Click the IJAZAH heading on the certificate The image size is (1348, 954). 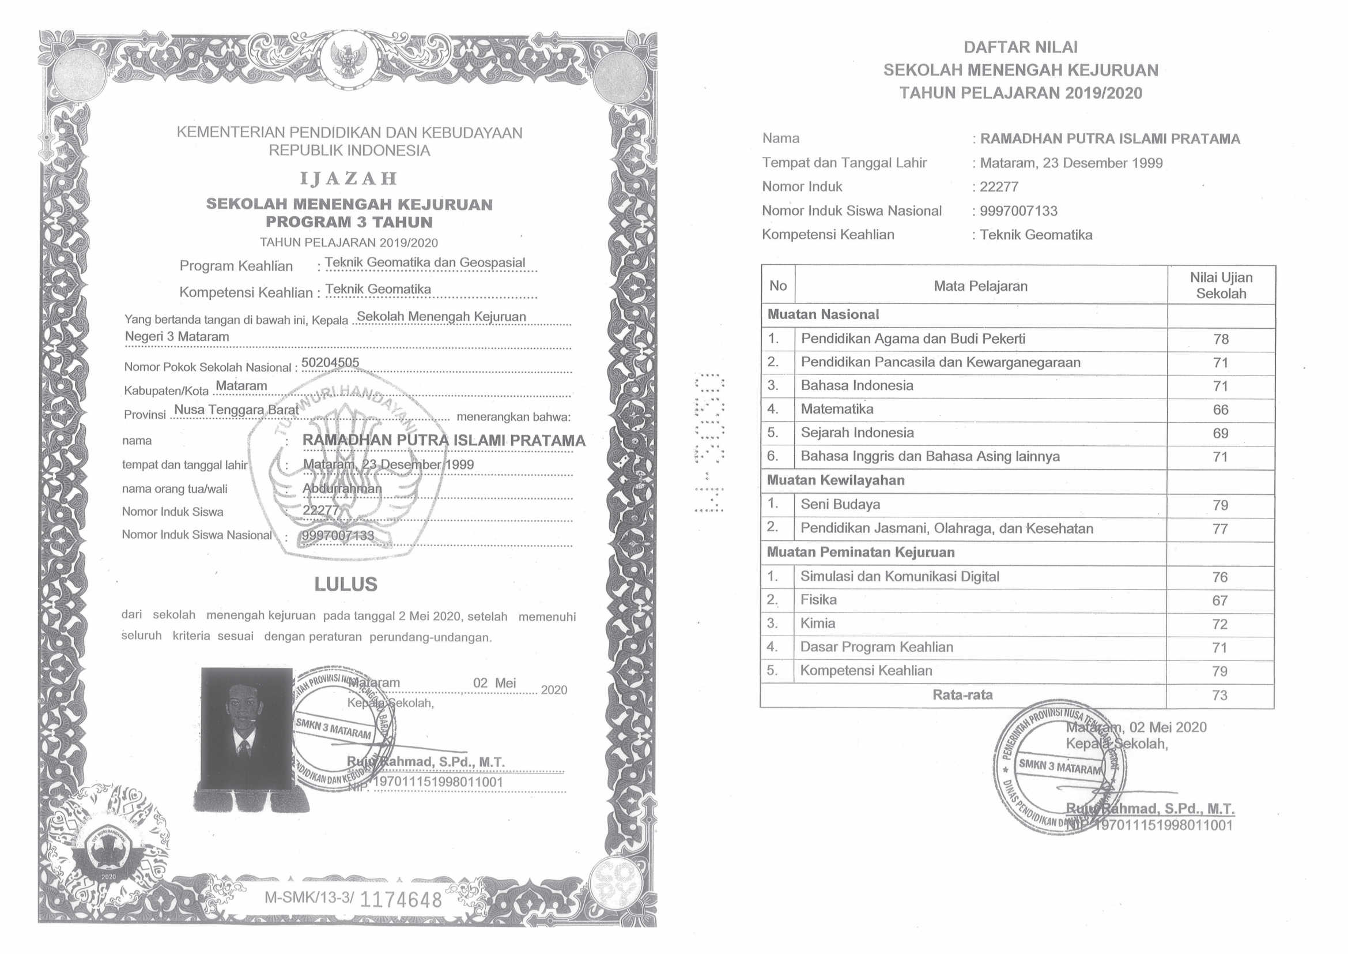tap(349, 179)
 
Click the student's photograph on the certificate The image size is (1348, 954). tap(247, 727)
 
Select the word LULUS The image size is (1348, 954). tap(346, 584)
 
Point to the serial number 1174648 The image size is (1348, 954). tap(401, 899)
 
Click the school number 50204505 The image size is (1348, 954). tap(330, 362)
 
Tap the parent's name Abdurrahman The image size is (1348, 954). tap(342, 488)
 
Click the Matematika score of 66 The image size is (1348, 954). tap(1221, 410)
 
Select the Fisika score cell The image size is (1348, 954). tap(1220, 600)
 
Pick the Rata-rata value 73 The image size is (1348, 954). tap(1220, 696)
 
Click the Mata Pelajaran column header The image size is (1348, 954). tap(980, 286)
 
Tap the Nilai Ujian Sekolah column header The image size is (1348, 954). tap(1221, 286)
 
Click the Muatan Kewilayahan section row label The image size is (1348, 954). tap(836, 480)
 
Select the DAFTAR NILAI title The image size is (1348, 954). tap(1021, 47)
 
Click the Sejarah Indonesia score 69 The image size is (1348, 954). tap(1221, 434)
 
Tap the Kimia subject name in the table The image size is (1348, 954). tap(817, 624)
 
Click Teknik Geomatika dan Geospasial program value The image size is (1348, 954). tap(425, 262)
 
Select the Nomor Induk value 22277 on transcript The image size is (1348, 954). tap(999, 187)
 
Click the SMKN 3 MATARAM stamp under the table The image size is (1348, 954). tap(1060, 767)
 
